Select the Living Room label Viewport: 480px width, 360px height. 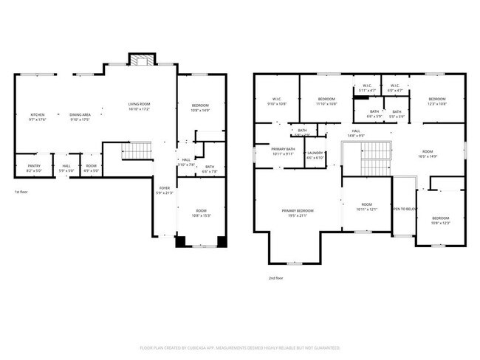point(139,106)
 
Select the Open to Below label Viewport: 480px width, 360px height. point(404,210)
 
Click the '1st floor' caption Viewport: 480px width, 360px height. point(21,193)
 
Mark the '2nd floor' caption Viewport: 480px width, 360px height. point(275,279)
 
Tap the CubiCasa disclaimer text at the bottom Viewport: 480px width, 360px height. point(240,348)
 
